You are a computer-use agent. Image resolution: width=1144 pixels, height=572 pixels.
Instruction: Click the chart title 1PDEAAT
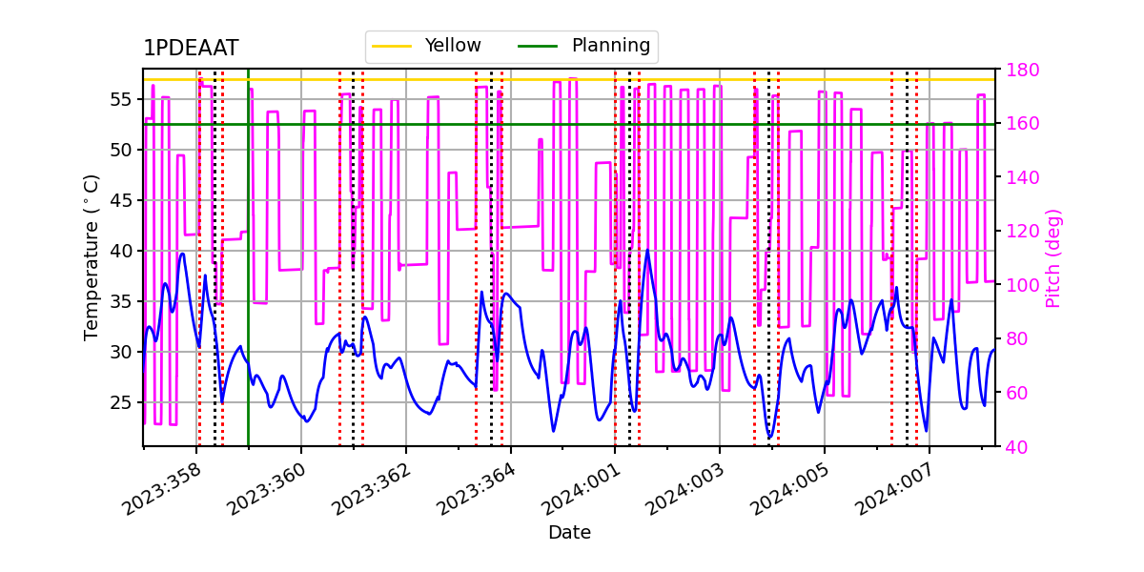(x=191, y=49)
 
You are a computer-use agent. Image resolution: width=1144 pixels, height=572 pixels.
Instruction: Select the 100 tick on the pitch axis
(x=1022, y=285)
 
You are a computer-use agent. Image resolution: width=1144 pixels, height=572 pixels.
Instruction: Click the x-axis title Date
(x=569, y=533)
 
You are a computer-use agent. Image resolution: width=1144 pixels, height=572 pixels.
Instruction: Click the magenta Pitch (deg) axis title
(x=1052, y=257)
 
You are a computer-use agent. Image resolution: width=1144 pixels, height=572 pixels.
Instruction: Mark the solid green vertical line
(x=248, y=286)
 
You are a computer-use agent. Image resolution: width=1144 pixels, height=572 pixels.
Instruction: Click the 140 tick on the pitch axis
(x=1022, y=177)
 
